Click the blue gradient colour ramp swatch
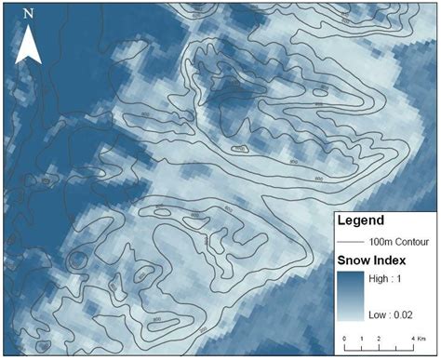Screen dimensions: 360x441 [x=351, y=297]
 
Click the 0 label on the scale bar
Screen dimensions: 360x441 [x=345, y=338]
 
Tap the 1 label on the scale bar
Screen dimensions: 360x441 [x=363, y=338]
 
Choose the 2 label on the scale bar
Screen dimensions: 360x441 [x=381, y=338]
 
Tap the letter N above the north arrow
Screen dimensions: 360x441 [x=29, y=14]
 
